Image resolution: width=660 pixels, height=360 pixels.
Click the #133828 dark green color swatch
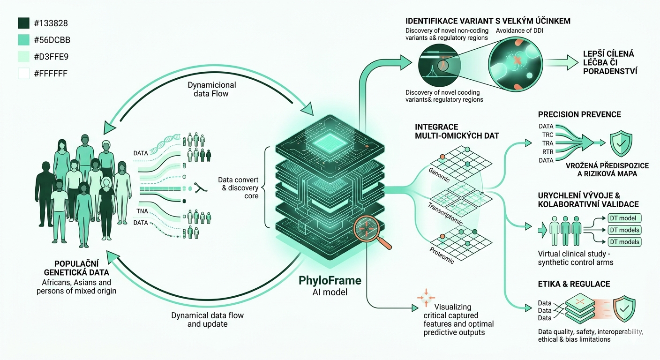pyautogui.click(x=24, y=23)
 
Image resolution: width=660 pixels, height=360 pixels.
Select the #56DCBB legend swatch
pyautogui.click(x=24, y=40)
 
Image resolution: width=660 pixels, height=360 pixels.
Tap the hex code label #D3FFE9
pyautogui.click(x=51, y=57)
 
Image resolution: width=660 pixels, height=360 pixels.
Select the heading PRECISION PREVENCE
pyautogui.click(x=579, y=114)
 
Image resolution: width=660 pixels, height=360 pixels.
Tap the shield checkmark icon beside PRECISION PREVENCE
pyautogui.click(x=622, y=143)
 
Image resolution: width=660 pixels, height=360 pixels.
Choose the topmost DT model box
pyautogui.click(x=624, y=218)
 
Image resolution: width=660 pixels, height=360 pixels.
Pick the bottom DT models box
pyautogui.click(x=624, y=242)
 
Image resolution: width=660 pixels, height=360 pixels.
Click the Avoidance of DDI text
pyautogui.click(x=523, y=31)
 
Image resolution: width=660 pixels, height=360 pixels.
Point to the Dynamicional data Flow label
pyautogui.click(x=212, y=89)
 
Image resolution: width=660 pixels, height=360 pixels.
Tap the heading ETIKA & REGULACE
pyautogui.click(x=574, y=284)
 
